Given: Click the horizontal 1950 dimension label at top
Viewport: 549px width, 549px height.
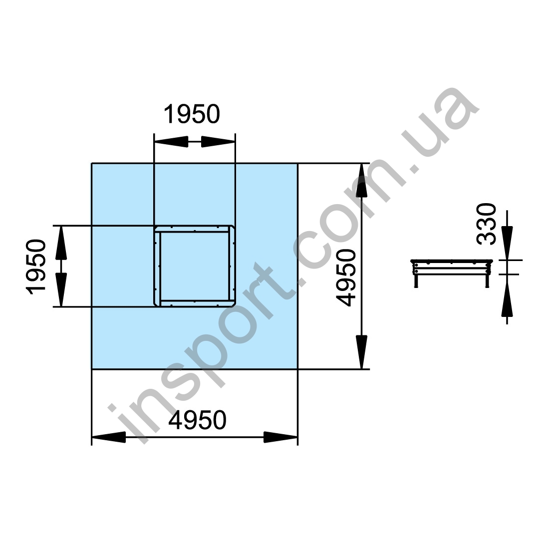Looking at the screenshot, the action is click(x=192, y=114).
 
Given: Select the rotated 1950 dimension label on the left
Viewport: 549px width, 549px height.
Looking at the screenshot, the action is click(x=36, y=267).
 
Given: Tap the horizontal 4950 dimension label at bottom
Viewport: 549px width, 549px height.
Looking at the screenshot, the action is click(x=198, y=420).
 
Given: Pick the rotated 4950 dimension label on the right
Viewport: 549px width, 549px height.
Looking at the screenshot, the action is click(x=346, y=277).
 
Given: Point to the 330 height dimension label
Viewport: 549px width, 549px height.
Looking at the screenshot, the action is click(x=487, y=224).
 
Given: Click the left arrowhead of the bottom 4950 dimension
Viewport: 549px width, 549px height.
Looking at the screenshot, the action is click(x=108, y=437).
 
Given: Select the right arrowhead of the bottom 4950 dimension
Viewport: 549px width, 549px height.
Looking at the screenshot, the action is click(x=281, y=437).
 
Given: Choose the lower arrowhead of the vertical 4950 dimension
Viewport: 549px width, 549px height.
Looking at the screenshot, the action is click(x=362, y=352).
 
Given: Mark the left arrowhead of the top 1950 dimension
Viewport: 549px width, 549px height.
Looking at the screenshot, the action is click(x=171, y=142).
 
